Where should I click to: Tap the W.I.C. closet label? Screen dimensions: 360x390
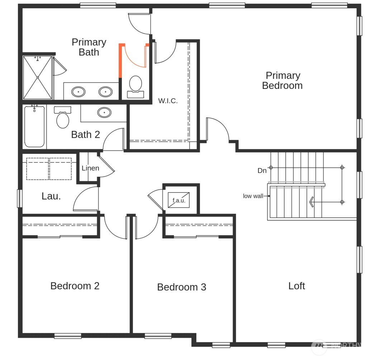(x=168, y=101)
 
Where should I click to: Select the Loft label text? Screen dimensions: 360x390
(x=296, y=286)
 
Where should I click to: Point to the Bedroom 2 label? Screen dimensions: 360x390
(x=75, y=286)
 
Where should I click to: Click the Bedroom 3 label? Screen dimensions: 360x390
(x=181, y=287)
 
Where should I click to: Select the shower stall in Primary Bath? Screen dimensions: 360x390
(x=38, y=77)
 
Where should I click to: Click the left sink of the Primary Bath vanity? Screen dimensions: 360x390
(x=79, y=92)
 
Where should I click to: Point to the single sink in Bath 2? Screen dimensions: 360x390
(x=104, y=113)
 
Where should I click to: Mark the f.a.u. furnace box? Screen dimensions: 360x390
(x=179, y=200)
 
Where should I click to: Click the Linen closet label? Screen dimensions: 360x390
(x=90, y=168)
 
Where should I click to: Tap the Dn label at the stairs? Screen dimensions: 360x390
(x=262, y=171)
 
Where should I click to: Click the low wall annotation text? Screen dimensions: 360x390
(x=253, y=196)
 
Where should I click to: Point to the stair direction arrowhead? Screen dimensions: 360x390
(x=311, y=202)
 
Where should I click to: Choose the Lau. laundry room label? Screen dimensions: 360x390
(x=51, y=196)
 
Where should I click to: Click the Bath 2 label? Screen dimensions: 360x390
(x=85, y=134)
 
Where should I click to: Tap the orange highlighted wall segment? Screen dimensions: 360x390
(x=121, y=61)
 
